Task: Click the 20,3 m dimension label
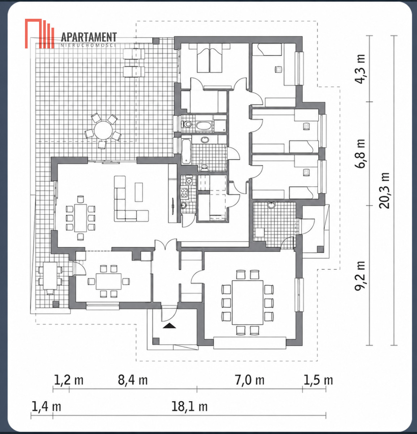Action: (384, 191)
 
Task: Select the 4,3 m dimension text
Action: (360, 69)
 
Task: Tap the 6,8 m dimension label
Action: (360, 153)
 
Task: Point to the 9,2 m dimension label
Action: (360, 276)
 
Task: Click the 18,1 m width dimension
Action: (189, 407)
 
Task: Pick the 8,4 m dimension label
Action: (133, 380)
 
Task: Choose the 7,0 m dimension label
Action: (250, 380)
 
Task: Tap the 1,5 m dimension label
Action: (318, 380)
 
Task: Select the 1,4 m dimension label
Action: (46, 407)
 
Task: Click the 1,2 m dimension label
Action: (68, 380)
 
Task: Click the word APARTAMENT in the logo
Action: (89, 37)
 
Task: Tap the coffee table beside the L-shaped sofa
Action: (139, 192)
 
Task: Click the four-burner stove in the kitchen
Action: (184, 193)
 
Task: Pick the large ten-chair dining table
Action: (247, 303)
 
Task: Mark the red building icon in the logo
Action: (39, 34)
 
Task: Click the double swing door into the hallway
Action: (166, 244)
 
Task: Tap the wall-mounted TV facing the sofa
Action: (173, 206)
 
